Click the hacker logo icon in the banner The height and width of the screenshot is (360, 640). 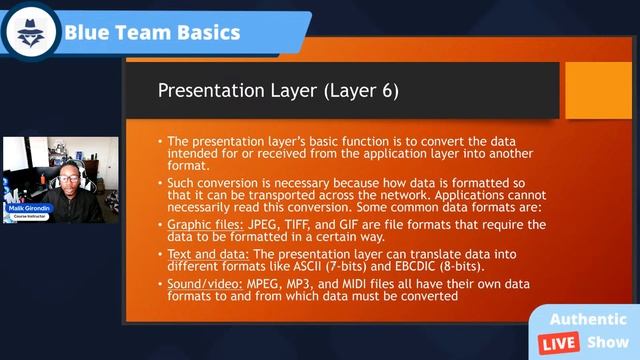[31, 31]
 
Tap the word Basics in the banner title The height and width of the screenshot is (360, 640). [203, 32]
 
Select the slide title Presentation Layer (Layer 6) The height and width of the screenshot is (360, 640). [278, 91]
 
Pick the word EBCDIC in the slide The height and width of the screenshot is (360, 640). [421, 268]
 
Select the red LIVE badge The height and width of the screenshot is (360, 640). [558, 341]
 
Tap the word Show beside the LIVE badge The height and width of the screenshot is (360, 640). [608, 341]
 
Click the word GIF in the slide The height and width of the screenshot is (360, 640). [360, 225]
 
